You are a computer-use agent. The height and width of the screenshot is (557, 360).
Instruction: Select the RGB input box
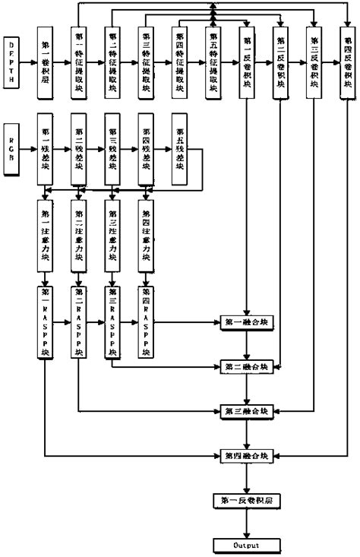click(x=11, y=147)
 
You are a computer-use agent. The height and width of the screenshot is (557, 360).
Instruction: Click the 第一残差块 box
click(x=46, y=147)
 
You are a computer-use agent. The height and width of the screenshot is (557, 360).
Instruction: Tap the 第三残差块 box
click(x=112, y=147)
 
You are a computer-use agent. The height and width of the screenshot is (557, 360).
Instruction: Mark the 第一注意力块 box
click(x=46, y=239)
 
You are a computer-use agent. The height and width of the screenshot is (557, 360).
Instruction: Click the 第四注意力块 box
click(x=146, y=239)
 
